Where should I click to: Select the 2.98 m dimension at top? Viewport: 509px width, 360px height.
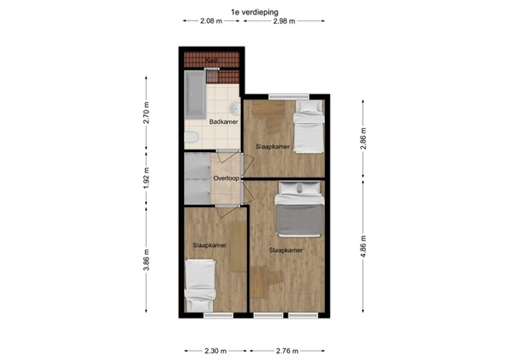284,21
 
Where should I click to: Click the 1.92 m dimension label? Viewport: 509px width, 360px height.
147,180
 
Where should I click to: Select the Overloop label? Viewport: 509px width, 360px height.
227,179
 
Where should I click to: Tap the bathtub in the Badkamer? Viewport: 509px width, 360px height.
193,96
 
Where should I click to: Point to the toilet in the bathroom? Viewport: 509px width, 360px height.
191,138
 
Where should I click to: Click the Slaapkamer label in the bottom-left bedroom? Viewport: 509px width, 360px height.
210,245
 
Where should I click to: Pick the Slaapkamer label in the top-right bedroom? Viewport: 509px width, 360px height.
273,147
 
